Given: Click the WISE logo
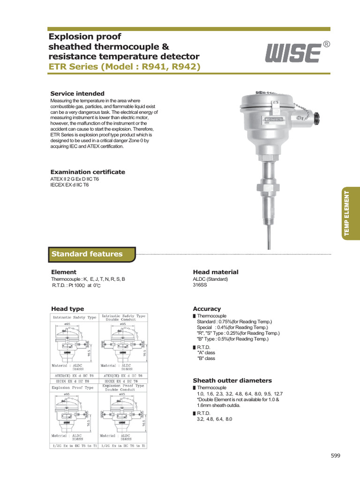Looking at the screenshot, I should click(x=293, y=54).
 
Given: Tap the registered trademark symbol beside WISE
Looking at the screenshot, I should click(x=326, y=45).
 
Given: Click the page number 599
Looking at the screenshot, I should click(x=336, y=456).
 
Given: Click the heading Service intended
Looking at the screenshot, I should click(x=77, y=94).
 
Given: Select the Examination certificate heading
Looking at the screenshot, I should click(x=88, y=172).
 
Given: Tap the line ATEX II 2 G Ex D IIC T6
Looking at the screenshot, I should click(x=75, y=179).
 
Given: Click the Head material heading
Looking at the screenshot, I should click(x=216, y=272).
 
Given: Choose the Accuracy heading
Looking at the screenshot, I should click(x=207, y=309).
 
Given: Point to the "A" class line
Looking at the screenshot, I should click(x=206, y=352).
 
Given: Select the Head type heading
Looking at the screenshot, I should click(x=67, y=309).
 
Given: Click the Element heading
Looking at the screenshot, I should click(x=64, y=272).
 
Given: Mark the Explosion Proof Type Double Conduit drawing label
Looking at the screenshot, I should click(x=121, y=388).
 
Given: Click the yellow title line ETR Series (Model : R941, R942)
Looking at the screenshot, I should click(x=125, y=67).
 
